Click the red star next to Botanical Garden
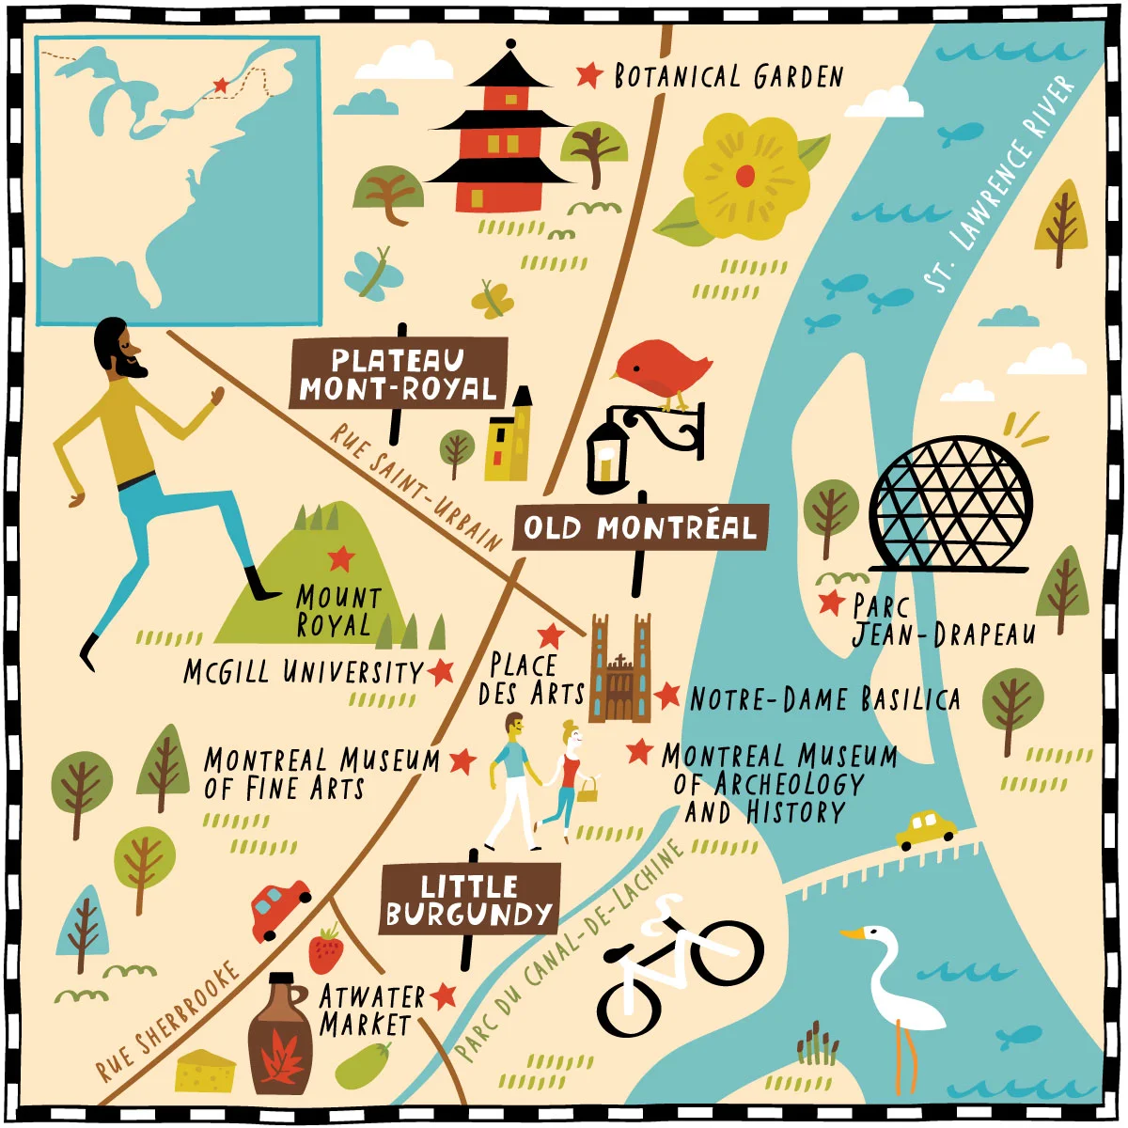coord(589,74)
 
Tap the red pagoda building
coord(499,141)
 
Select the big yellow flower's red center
coord(745,175)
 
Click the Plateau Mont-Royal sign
coord(399,374)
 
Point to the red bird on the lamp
coord(664,368)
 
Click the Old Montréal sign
coord(640,527)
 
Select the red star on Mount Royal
coord(340,558)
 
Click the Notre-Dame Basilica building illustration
coord(619,669)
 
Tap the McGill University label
coord(304,672)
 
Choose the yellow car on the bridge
coord(925,828)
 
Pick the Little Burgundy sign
coord(469,900)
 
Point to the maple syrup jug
coord(280,1039)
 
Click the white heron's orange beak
coord(853,934)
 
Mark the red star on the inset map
coord(220,86)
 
